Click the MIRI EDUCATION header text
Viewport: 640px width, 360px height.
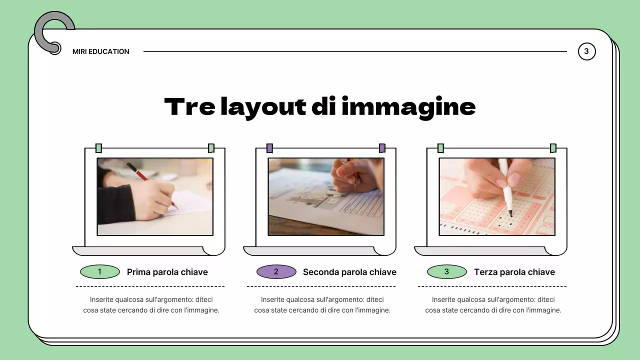point(100,51)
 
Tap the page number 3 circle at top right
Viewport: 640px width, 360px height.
point(586,51)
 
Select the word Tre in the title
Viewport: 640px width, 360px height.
point(189,107)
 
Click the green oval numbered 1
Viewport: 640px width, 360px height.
point(100,272)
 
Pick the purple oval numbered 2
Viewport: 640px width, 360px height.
point(276,272)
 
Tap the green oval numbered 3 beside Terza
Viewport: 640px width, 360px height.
point(446,272)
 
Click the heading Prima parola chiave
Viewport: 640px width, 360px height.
point(167,272)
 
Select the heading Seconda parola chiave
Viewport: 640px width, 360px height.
point(349,272)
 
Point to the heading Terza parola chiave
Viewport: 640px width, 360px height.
point(514,272)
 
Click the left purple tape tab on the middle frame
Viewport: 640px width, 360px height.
point(269,148)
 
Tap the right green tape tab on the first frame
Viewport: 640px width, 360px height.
point(211,148)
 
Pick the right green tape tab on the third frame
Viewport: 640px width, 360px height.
point(553,148)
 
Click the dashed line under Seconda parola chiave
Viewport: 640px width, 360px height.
point(321,286)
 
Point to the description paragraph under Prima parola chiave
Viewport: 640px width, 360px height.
point(151,305)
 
